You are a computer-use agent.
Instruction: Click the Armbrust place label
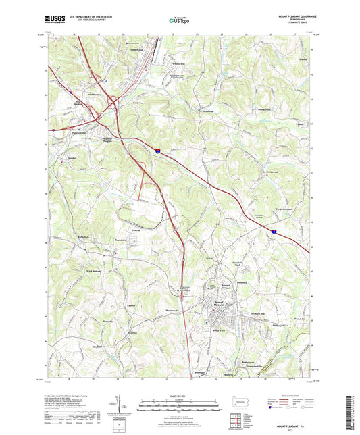tap(197, 111)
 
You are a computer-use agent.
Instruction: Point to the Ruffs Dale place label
tap(82, 236)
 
